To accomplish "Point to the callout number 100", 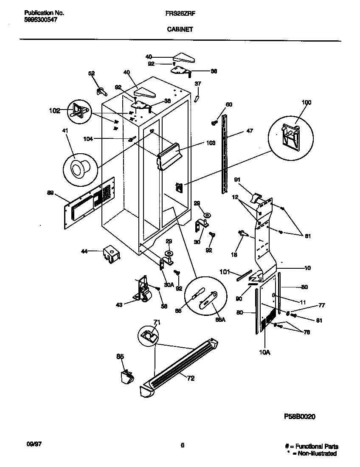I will pos(306,102).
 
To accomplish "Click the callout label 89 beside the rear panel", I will pos(51,193).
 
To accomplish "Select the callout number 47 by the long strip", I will pos(249,131).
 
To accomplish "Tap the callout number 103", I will pos(211,144).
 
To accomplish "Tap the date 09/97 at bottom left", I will pos(28,444).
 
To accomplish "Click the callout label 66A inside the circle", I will pos(220,320).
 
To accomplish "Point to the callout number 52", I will pos(91,73).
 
